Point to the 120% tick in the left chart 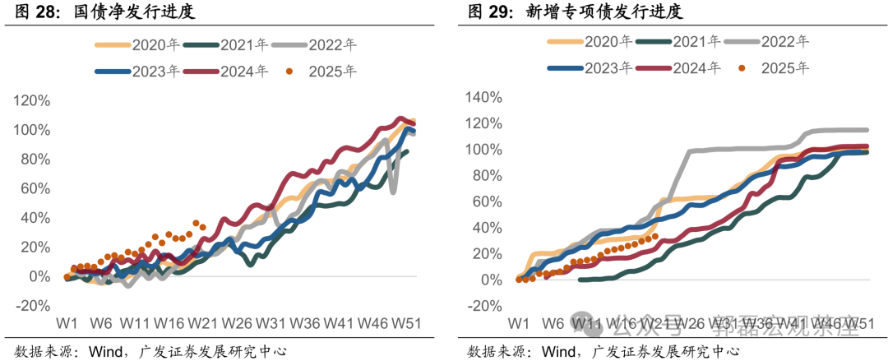[x=31, y=101]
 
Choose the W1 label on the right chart [x=518, y=323]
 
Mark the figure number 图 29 [x=492, y=12]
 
